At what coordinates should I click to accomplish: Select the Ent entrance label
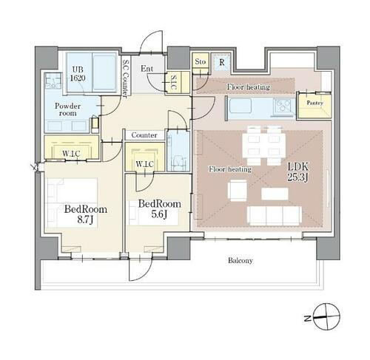pos(147,70)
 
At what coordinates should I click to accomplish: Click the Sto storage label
pos(200,62)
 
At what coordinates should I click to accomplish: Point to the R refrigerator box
pos(221,62)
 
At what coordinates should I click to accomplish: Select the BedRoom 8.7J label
pos(85,214)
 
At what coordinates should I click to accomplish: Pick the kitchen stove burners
pos(284,109)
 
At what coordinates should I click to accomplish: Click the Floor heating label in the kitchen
pos(248,87)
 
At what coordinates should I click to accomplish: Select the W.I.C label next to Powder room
pos(72,153)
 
